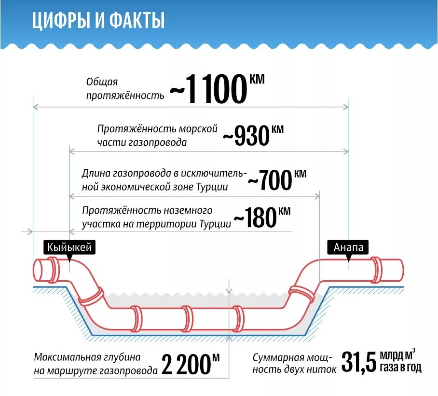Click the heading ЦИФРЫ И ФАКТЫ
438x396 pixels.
coord(99,22)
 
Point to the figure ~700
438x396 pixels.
coord(270,181)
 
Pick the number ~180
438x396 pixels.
coord(255,218)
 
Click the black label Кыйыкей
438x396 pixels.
coord(68,247)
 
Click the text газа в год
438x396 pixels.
coord(400,369)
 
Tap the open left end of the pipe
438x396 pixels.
coord(39,269)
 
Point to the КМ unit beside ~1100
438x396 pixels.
coord(257,79)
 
